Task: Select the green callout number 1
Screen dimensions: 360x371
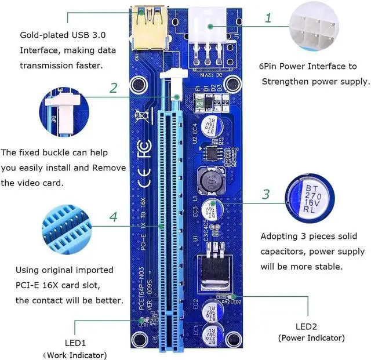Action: pyautogui.click(x=267, y=18)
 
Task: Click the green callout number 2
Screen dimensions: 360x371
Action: pyautogui.click(x=114, y=89)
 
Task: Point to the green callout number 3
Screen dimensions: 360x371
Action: pyautogui.click(x=265, y=194)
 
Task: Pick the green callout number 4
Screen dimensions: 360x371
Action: pyautogui.click(x=114, y=217)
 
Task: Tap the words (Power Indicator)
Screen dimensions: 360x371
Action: pyautogui.click(x=311, y=337)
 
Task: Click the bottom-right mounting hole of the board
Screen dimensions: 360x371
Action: pyautogui.click(x=234, y=339)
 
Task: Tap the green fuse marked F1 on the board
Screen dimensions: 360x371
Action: pyautogui.click(x=199, y=103)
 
